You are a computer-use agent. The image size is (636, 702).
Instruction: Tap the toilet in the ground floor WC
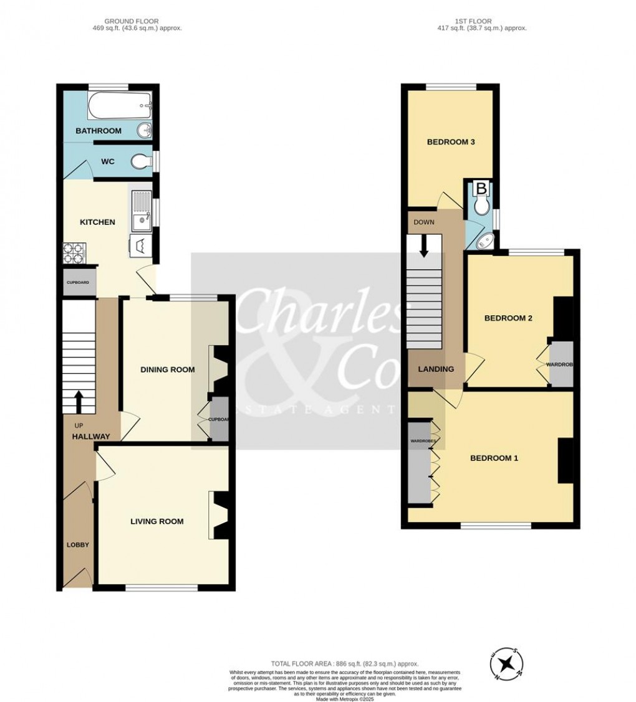[141, 162]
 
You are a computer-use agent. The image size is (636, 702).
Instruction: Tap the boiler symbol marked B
[481, 187]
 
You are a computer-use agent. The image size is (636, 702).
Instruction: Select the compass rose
[510, 664]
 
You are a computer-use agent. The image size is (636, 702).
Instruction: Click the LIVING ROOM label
[157, 521]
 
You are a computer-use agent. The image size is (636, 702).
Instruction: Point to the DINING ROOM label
[167, 369]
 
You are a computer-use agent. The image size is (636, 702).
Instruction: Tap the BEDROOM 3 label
[451, 142]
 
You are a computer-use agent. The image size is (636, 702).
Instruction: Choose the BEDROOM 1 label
[494, 458]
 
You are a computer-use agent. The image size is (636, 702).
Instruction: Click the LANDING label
[436, 369]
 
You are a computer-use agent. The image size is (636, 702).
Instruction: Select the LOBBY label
[78, 545]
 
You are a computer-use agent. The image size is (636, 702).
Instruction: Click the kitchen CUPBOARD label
[79, 283]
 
